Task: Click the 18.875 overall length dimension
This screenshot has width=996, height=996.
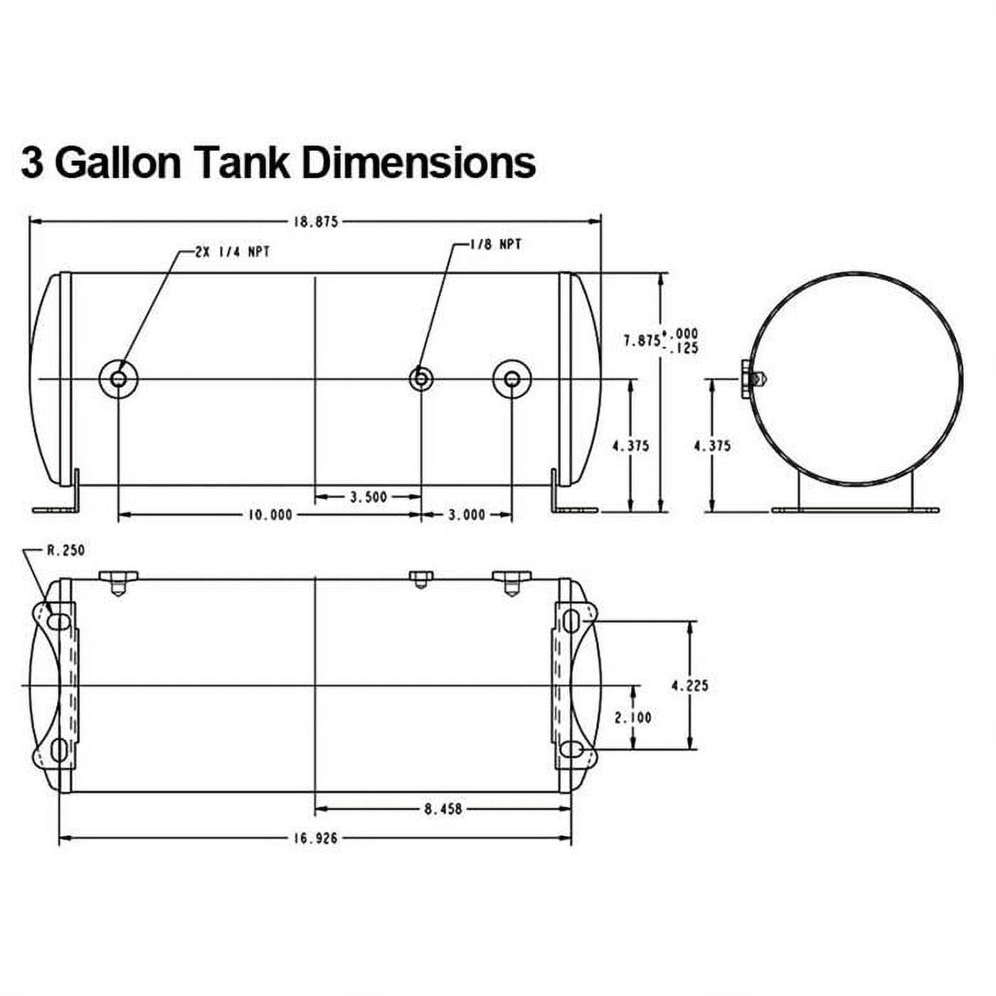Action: (315, 222)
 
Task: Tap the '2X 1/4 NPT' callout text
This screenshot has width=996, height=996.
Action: (233, 253)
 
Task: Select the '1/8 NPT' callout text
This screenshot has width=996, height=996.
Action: (496, 245)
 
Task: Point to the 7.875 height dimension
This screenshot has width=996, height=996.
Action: (642, 341)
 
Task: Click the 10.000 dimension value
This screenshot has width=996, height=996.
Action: (270, 515)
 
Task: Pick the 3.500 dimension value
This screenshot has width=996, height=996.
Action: (369, 497)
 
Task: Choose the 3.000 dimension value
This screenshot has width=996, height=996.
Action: (467, 515)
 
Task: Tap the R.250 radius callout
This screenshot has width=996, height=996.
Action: (65, 551)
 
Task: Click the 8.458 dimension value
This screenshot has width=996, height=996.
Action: (443, 810)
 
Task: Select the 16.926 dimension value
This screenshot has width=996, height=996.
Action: (315, 838)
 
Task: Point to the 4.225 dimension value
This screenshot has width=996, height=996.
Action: (690, 687)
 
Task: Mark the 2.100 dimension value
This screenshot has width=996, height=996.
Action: (633, 718)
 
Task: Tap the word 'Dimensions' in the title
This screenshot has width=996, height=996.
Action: (418, 164)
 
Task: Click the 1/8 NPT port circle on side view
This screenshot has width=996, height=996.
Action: (421, 379)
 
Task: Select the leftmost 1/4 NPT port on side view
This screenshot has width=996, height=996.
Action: (118, 379)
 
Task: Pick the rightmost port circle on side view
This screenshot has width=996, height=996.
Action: (512, 379)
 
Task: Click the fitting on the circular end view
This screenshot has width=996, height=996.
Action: (753, 380)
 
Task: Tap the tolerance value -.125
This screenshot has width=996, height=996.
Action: (682, 349)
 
